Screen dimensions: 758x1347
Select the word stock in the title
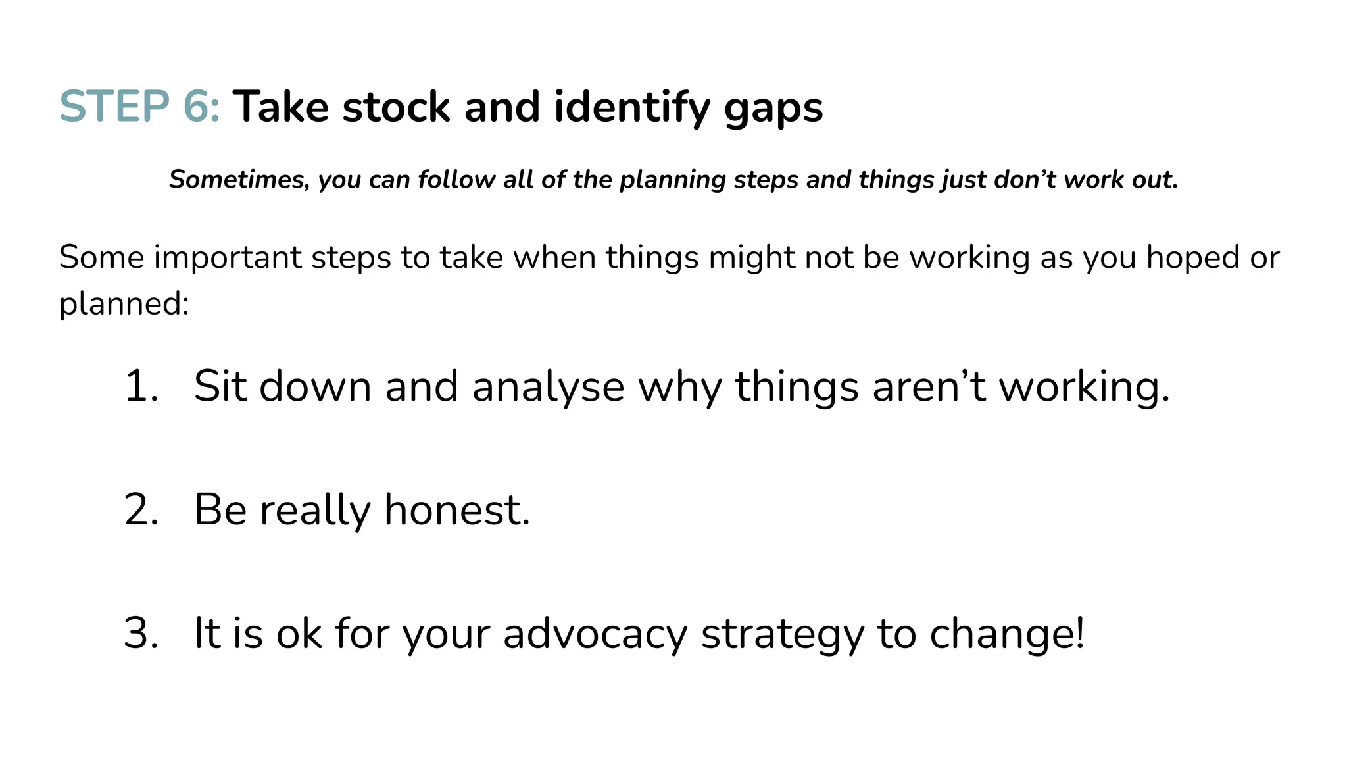[396, 107]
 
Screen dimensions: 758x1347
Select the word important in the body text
[228, 257]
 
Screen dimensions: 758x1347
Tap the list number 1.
[141, 386]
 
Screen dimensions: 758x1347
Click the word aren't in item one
[929, 386]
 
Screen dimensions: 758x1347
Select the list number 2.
[141, 510]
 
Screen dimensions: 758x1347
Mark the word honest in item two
[456, 510]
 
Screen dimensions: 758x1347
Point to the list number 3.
[141, 634]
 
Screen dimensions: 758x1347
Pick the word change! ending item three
[1007, 634]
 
